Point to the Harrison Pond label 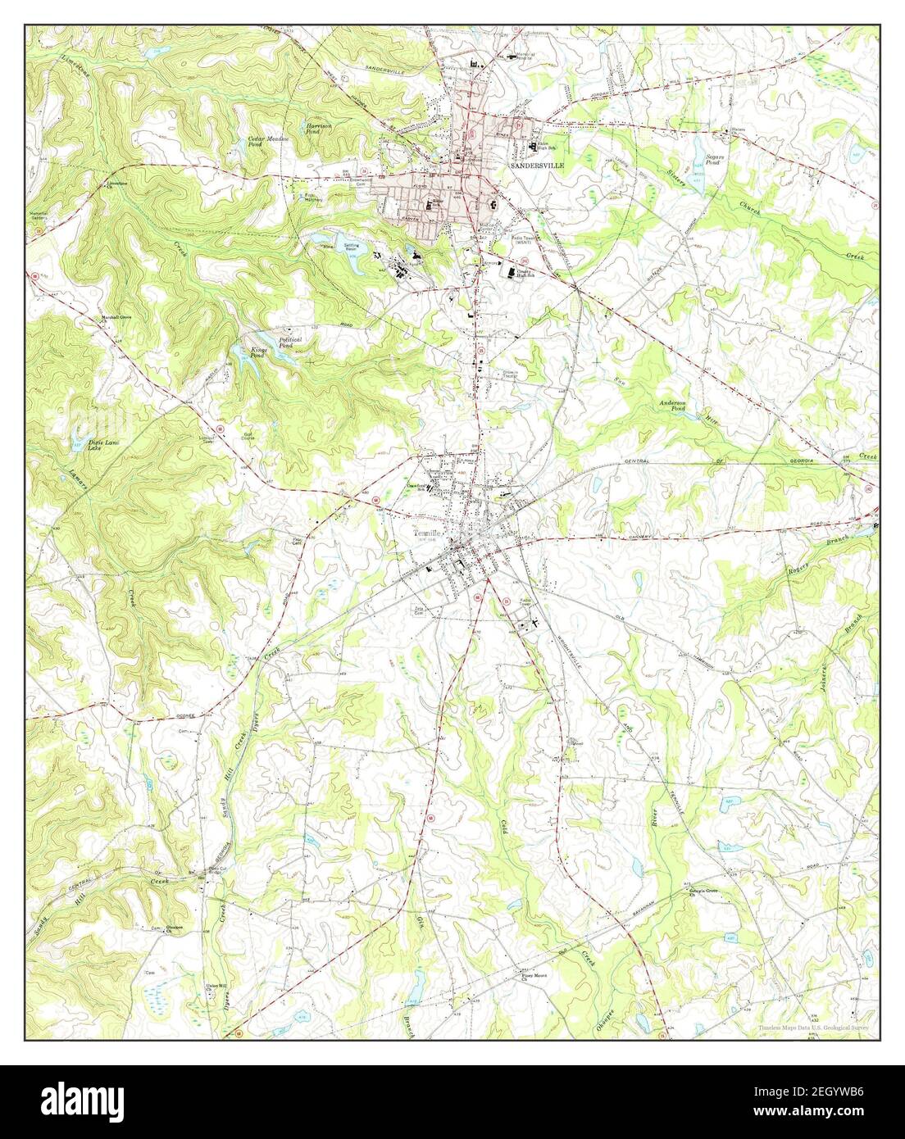point(318,128)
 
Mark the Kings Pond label point(257,352)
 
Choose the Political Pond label point(290,342)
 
